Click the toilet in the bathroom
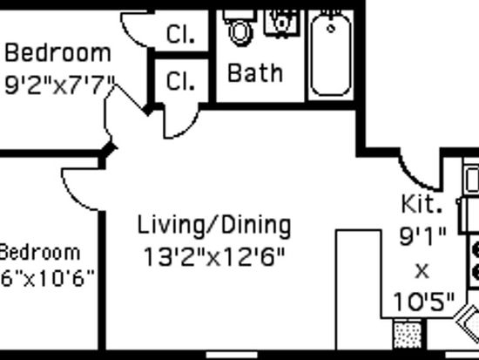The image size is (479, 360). point(239,28)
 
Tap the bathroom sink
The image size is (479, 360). point(281,24)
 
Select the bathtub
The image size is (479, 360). point(331,54)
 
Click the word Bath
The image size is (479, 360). point(255,73)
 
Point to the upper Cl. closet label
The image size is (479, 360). point(180,34)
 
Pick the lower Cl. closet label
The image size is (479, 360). point(180,81)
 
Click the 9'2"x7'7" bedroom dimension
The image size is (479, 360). point(60,85)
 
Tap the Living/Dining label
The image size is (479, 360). point(214,227)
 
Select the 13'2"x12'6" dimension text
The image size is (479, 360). point(214,257)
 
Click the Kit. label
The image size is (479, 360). point(422,204)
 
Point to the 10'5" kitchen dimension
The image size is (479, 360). point(424,302)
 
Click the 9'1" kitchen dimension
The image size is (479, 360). point(422,236)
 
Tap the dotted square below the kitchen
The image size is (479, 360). point(408,336)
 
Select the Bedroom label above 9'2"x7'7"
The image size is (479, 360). point(58,52)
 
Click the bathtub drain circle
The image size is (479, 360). point(331,29)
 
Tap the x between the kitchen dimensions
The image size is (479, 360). point(422,271)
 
